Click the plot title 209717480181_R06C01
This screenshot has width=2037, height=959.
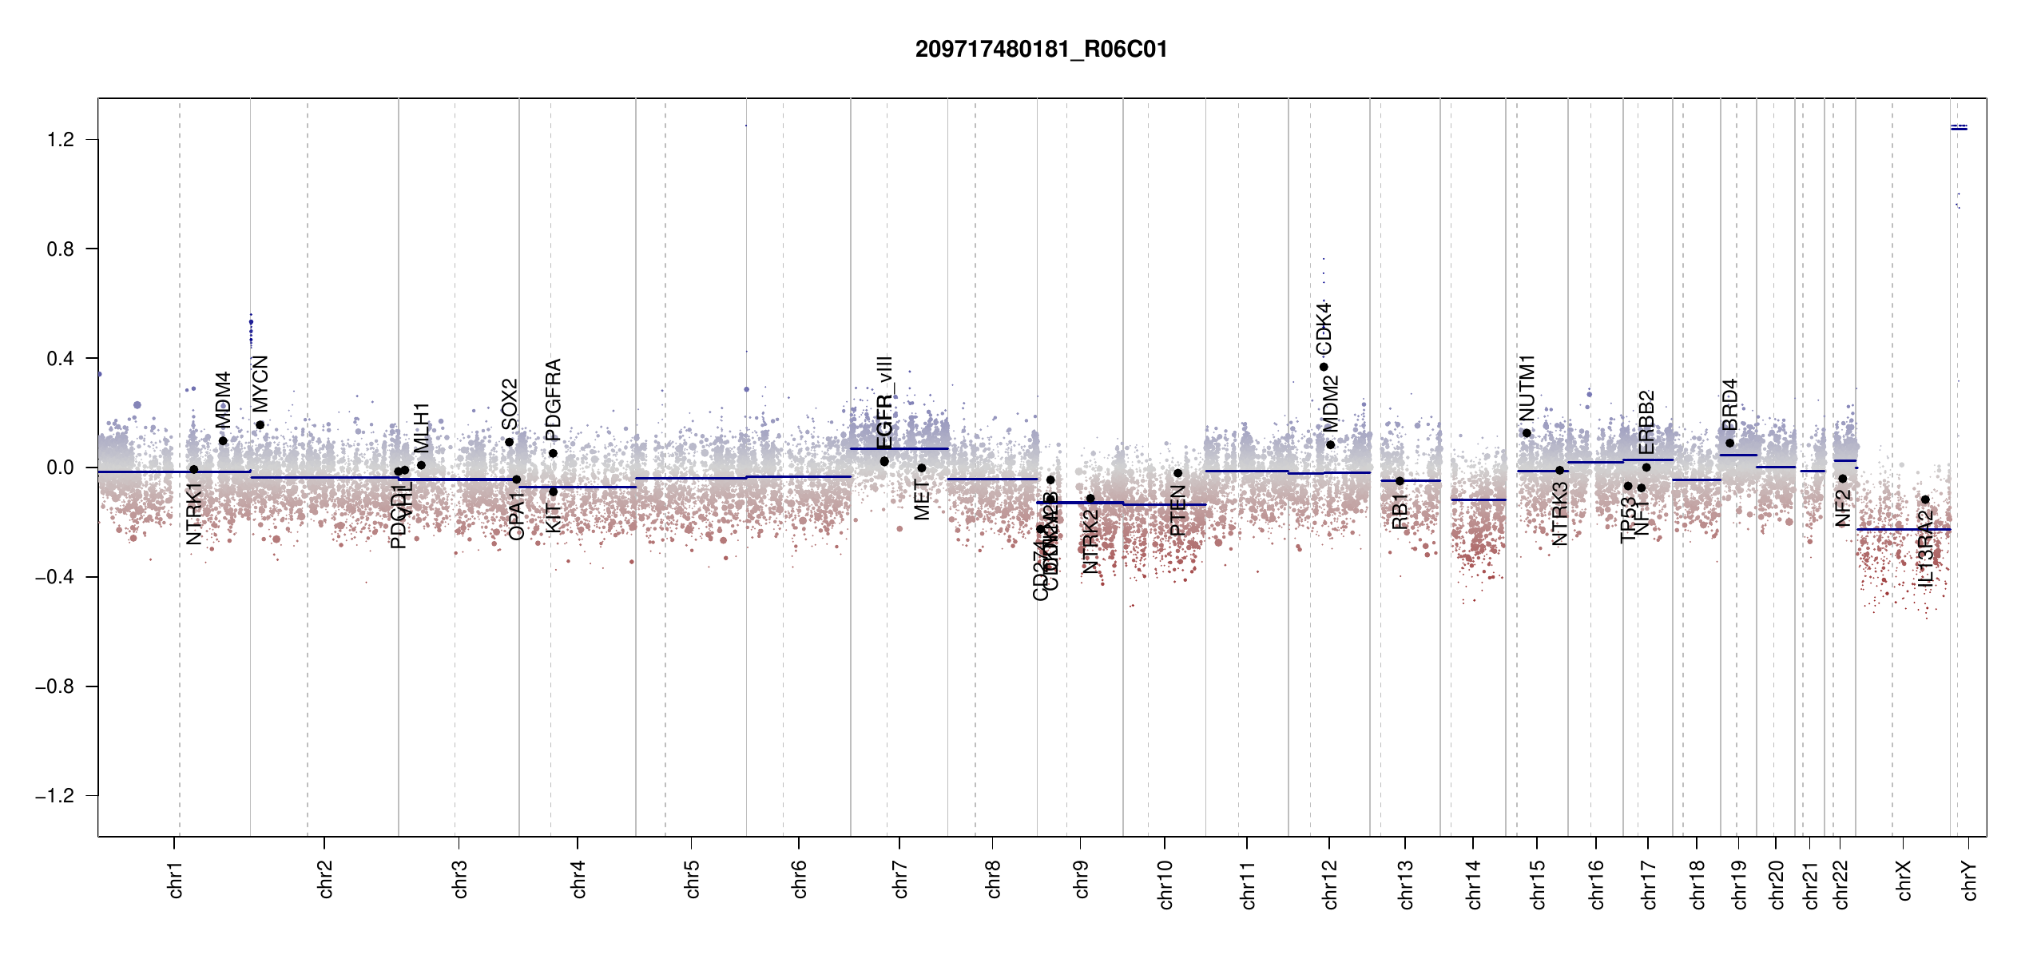click(x=1041, y=50)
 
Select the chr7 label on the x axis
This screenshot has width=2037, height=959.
click(x=900, y=879)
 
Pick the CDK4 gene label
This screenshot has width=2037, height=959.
click(x=1324, y=328)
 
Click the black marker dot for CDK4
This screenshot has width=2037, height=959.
click(x=1324, y=367)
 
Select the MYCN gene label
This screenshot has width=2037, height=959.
click(x=260, y=384)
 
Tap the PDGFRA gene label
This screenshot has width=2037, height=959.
click(x=553, y=400)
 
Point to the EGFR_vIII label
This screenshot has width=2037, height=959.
click(x=884, y=403)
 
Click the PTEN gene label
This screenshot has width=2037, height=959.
click(x=1177, y=511)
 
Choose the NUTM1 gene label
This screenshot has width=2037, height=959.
click(x=1527, y=388)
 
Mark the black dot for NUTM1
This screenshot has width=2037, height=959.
click(x=1527, y=433)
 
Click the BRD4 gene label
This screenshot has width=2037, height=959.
click(x=1729, y=404)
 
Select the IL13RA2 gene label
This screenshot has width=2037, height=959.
click(x=1925, y=548)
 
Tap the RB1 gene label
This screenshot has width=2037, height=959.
click(x=1400, y=511)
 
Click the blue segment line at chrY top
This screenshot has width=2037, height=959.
click(x=1959, y=128)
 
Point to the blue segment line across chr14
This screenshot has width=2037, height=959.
click(x=1478, y=499)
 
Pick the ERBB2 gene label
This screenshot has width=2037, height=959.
click(x=1646, y=422)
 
